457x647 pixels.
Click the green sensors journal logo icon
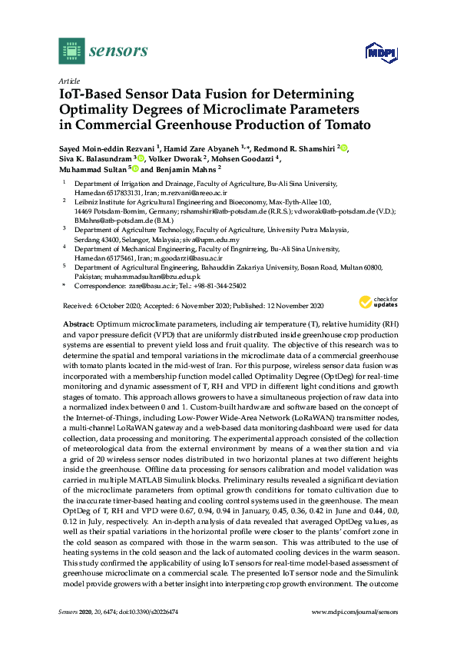pos(71,52)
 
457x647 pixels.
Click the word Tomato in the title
pos(345,124)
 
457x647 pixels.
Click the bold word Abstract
pos(78,325)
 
